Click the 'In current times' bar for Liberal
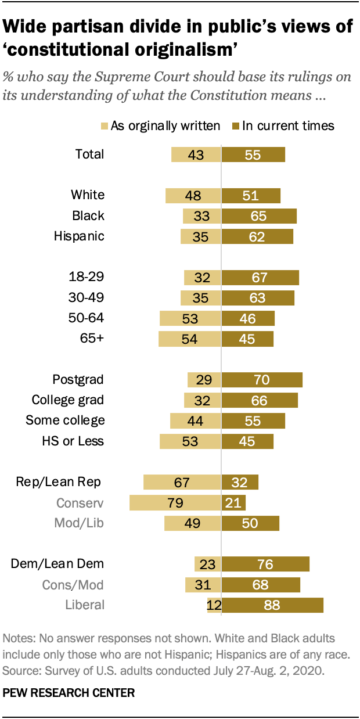coord(272,605)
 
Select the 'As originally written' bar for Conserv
coord(175,502)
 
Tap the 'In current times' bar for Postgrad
coord(262,380)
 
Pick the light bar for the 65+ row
coord(189,339)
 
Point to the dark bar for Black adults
coord(259,216)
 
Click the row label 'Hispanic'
coord(79,236)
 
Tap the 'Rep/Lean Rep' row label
coord(59,481)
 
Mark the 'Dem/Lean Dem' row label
coord(57,563)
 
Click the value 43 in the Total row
coord(195,154)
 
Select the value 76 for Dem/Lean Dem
coord(265,564)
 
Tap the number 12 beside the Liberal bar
coord(214,605)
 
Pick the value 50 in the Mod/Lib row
coord(250,523)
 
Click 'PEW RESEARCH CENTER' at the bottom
coord(69,692)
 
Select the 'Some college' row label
coord(65,420)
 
